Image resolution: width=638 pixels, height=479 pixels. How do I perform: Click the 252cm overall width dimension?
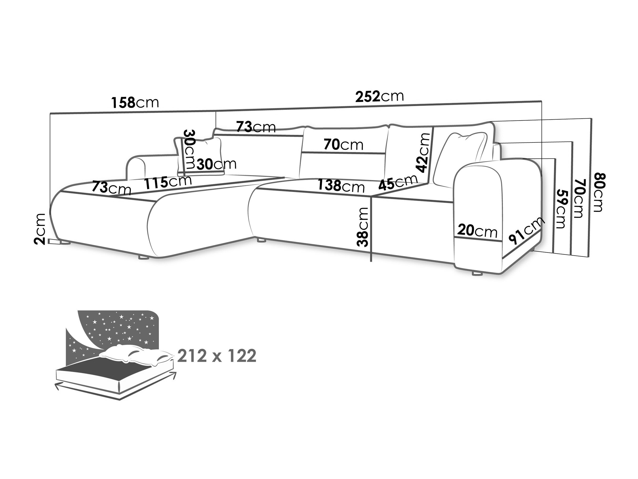click(x=379, y=96)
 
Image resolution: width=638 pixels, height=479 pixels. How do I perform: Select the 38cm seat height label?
click(x=363, y=227)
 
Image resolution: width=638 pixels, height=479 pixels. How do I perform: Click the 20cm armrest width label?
click(x=477, y=231)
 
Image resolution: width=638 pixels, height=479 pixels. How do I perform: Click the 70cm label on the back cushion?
click(x=343, y=144)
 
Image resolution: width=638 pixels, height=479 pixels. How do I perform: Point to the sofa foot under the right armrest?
click(x=477, y=273)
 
